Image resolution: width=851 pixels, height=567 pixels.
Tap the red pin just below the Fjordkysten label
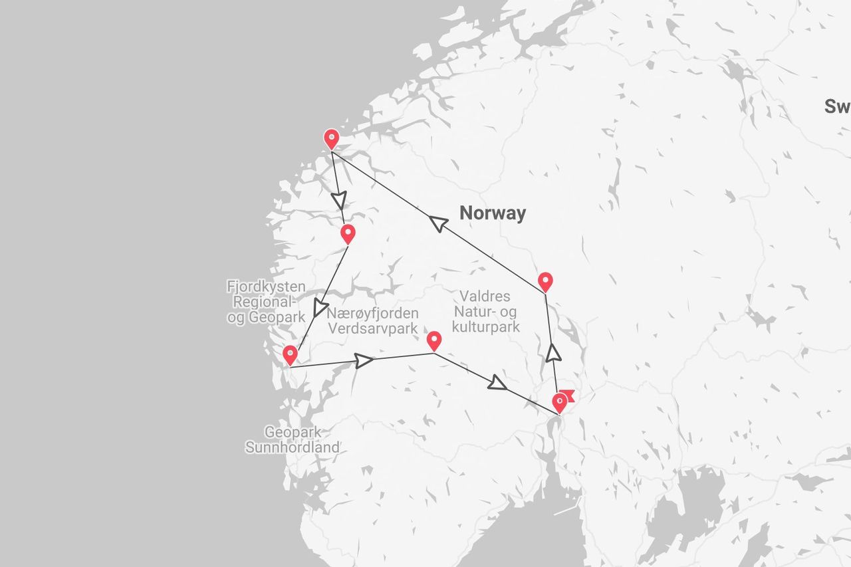290,355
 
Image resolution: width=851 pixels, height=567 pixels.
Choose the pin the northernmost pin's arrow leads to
347,234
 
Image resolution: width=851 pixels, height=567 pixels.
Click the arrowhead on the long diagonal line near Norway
439,223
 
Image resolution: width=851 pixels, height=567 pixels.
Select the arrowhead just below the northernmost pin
340,199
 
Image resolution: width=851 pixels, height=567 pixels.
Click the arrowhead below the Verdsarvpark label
363,360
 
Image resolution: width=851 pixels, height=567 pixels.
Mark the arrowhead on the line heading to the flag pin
497,382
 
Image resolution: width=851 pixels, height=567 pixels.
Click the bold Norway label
493,213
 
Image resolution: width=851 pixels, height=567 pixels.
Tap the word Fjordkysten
266,287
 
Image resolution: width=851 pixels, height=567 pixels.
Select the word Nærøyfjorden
374,313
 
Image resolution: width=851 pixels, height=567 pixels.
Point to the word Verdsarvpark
372,328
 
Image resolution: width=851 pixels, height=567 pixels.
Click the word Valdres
485,296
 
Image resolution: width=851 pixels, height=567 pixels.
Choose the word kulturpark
485,327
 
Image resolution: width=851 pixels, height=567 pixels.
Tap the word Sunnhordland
292,447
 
